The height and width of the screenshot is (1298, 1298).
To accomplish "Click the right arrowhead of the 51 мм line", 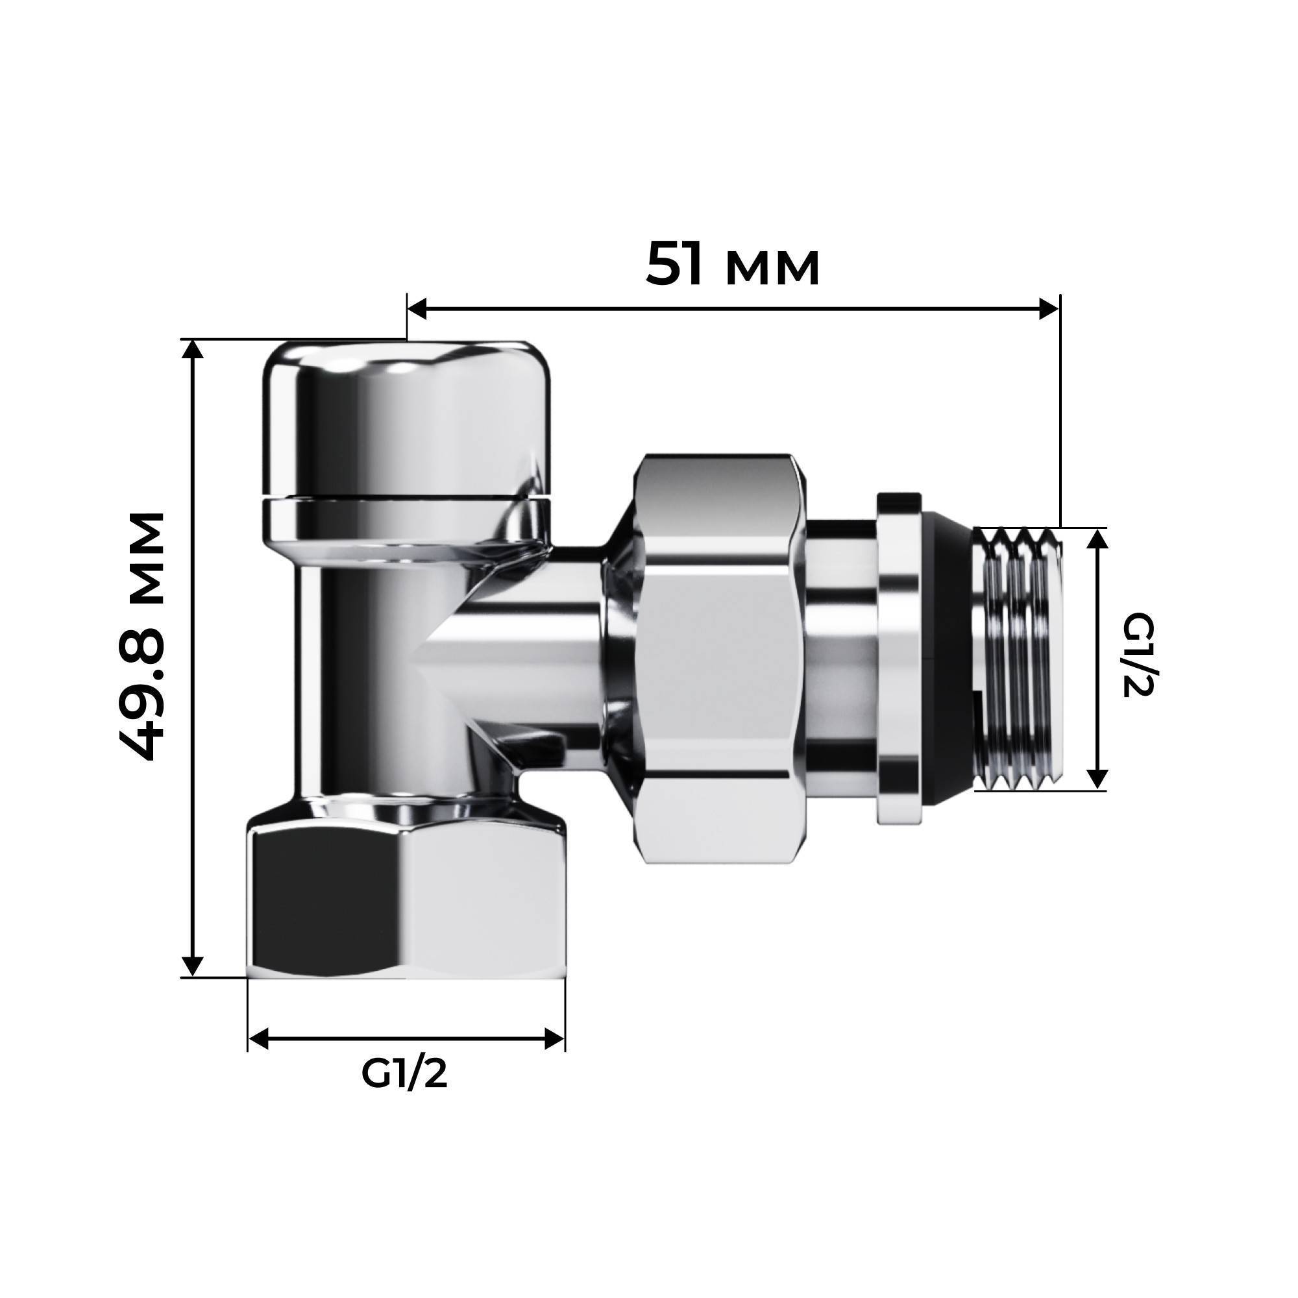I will pyautogui.click(x=1049, y=310).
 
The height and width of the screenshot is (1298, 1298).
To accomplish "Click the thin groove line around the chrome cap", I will pyautogui.click(x=405, y=498).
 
